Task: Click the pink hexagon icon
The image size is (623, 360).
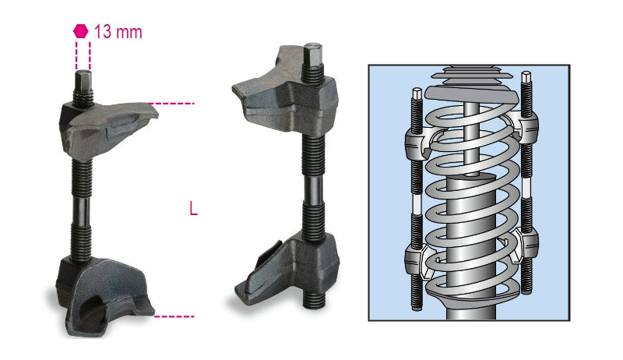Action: tap(80, 31)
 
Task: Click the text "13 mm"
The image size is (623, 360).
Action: tap(118, 32)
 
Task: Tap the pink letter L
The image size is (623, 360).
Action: tap(193, 209)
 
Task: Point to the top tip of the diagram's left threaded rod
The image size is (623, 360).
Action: tap(416, 94)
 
